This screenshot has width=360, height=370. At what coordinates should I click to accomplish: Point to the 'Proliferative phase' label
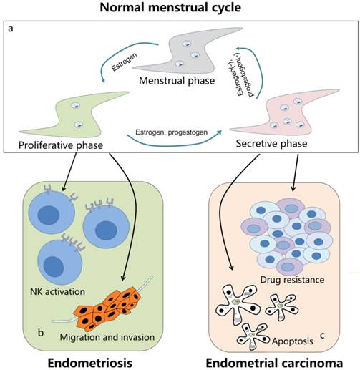[56, 147]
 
